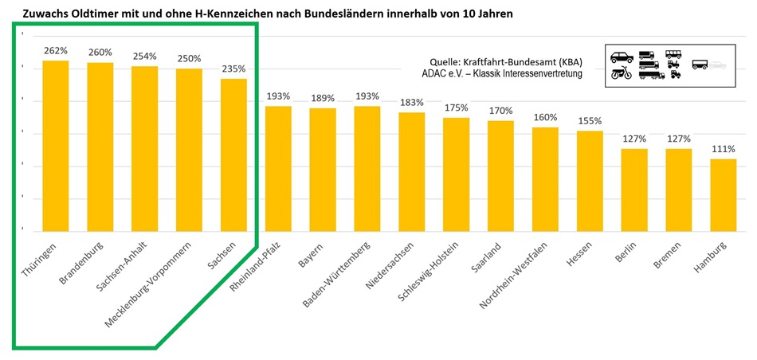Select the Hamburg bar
(x=724, y=195)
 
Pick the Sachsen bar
(x=234, y=155)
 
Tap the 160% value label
(x=546, y=116)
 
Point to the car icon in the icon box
(x=622, y=57)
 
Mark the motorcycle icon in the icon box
(x=622, y=73)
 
